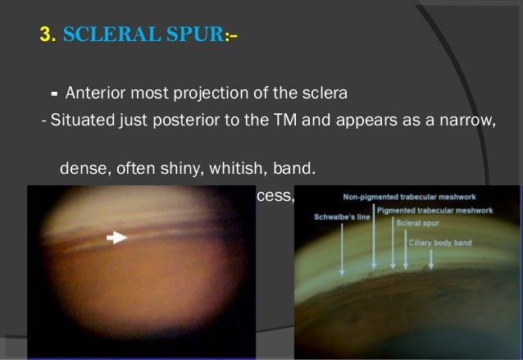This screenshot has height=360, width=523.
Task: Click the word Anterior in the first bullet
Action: point(95,91)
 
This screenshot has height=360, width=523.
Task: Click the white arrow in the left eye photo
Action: point(118,237)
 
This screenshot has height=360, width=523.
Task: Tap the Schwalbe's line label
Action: point(339,218)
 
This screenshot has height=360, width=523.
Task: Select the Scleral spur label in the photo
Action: point(418,221)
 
